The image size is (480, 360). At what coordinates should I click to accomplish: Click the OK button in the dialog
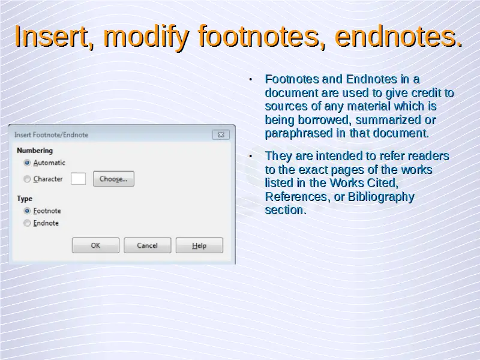[95, 245]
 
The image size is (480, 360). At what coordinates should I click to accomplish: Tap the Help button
[199, 245]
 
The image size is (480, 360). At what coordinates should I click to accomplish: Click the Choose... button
[113, 179]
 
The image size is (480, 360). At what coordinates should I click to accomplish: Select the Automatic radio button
[27, 163]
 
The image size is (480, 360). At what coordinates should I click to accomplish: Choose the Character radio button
[27, 179]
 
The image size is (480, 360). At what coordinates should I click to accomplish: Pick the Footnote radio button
[27, 211]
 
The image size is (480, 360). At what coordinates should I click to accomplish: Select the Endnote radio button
[27, 223]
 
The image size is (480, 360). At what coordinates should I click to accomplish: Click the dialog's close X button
[221, 134]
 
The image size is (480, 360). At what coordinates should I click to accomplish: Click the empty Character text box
[78, 179]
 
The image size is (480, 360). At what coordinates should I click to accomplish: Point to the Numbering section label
[35, 151]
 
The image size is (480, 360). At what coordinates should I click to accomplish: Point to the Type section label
[25, 199]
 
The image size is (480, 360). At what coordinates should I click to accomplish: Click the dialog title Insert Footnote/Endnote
[51, 134]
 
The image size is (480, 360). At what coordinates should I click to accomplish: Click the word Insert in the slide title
[51, 36]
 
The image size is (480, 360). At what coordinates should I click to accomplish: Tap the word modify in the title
[146, 37]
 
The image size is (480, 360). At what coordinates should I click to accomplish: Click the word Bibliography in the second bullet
[381, 197]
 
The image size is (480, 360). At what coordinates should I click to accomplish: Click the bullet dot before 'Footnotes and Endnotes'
[251, 80]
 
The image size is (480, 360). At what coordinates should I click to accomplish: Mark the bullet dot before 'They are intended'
[251, 157]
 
